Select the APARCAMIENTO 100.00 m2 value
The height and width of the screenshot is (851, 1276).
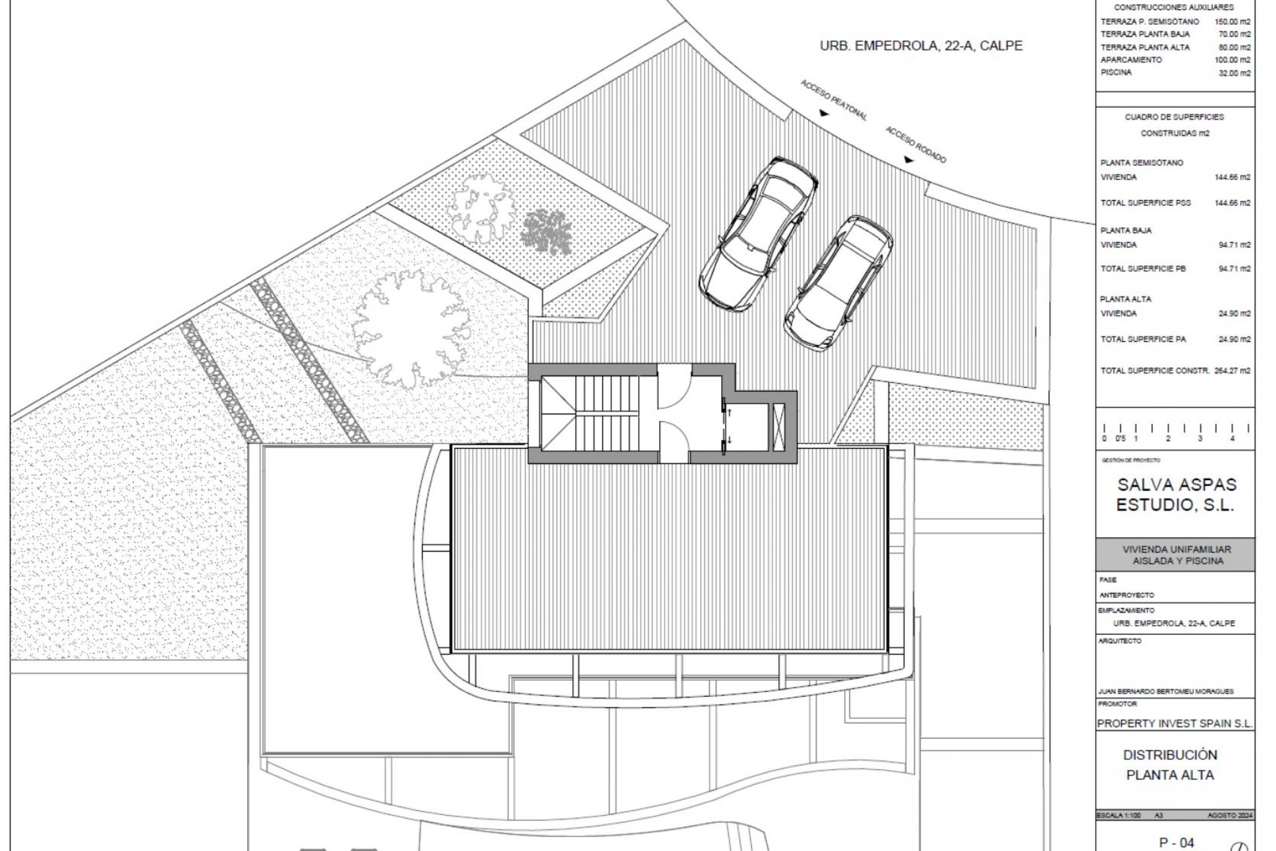click(1235, 60)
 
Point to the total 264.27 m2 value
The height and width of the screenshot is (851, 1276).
click(1234, 371)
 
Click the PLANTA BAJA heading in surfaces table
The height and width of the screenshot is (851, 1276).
click(1126, 231)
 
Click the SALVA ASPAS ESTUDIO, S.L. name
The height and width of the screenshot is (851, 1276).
click(1175, 494)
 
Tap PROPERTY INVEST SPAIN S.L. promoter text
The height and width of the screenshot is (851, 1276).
click(1174, 723)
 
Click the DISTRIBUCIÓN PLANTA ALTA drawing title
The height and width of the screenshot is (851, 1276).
click(1170, 765)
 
